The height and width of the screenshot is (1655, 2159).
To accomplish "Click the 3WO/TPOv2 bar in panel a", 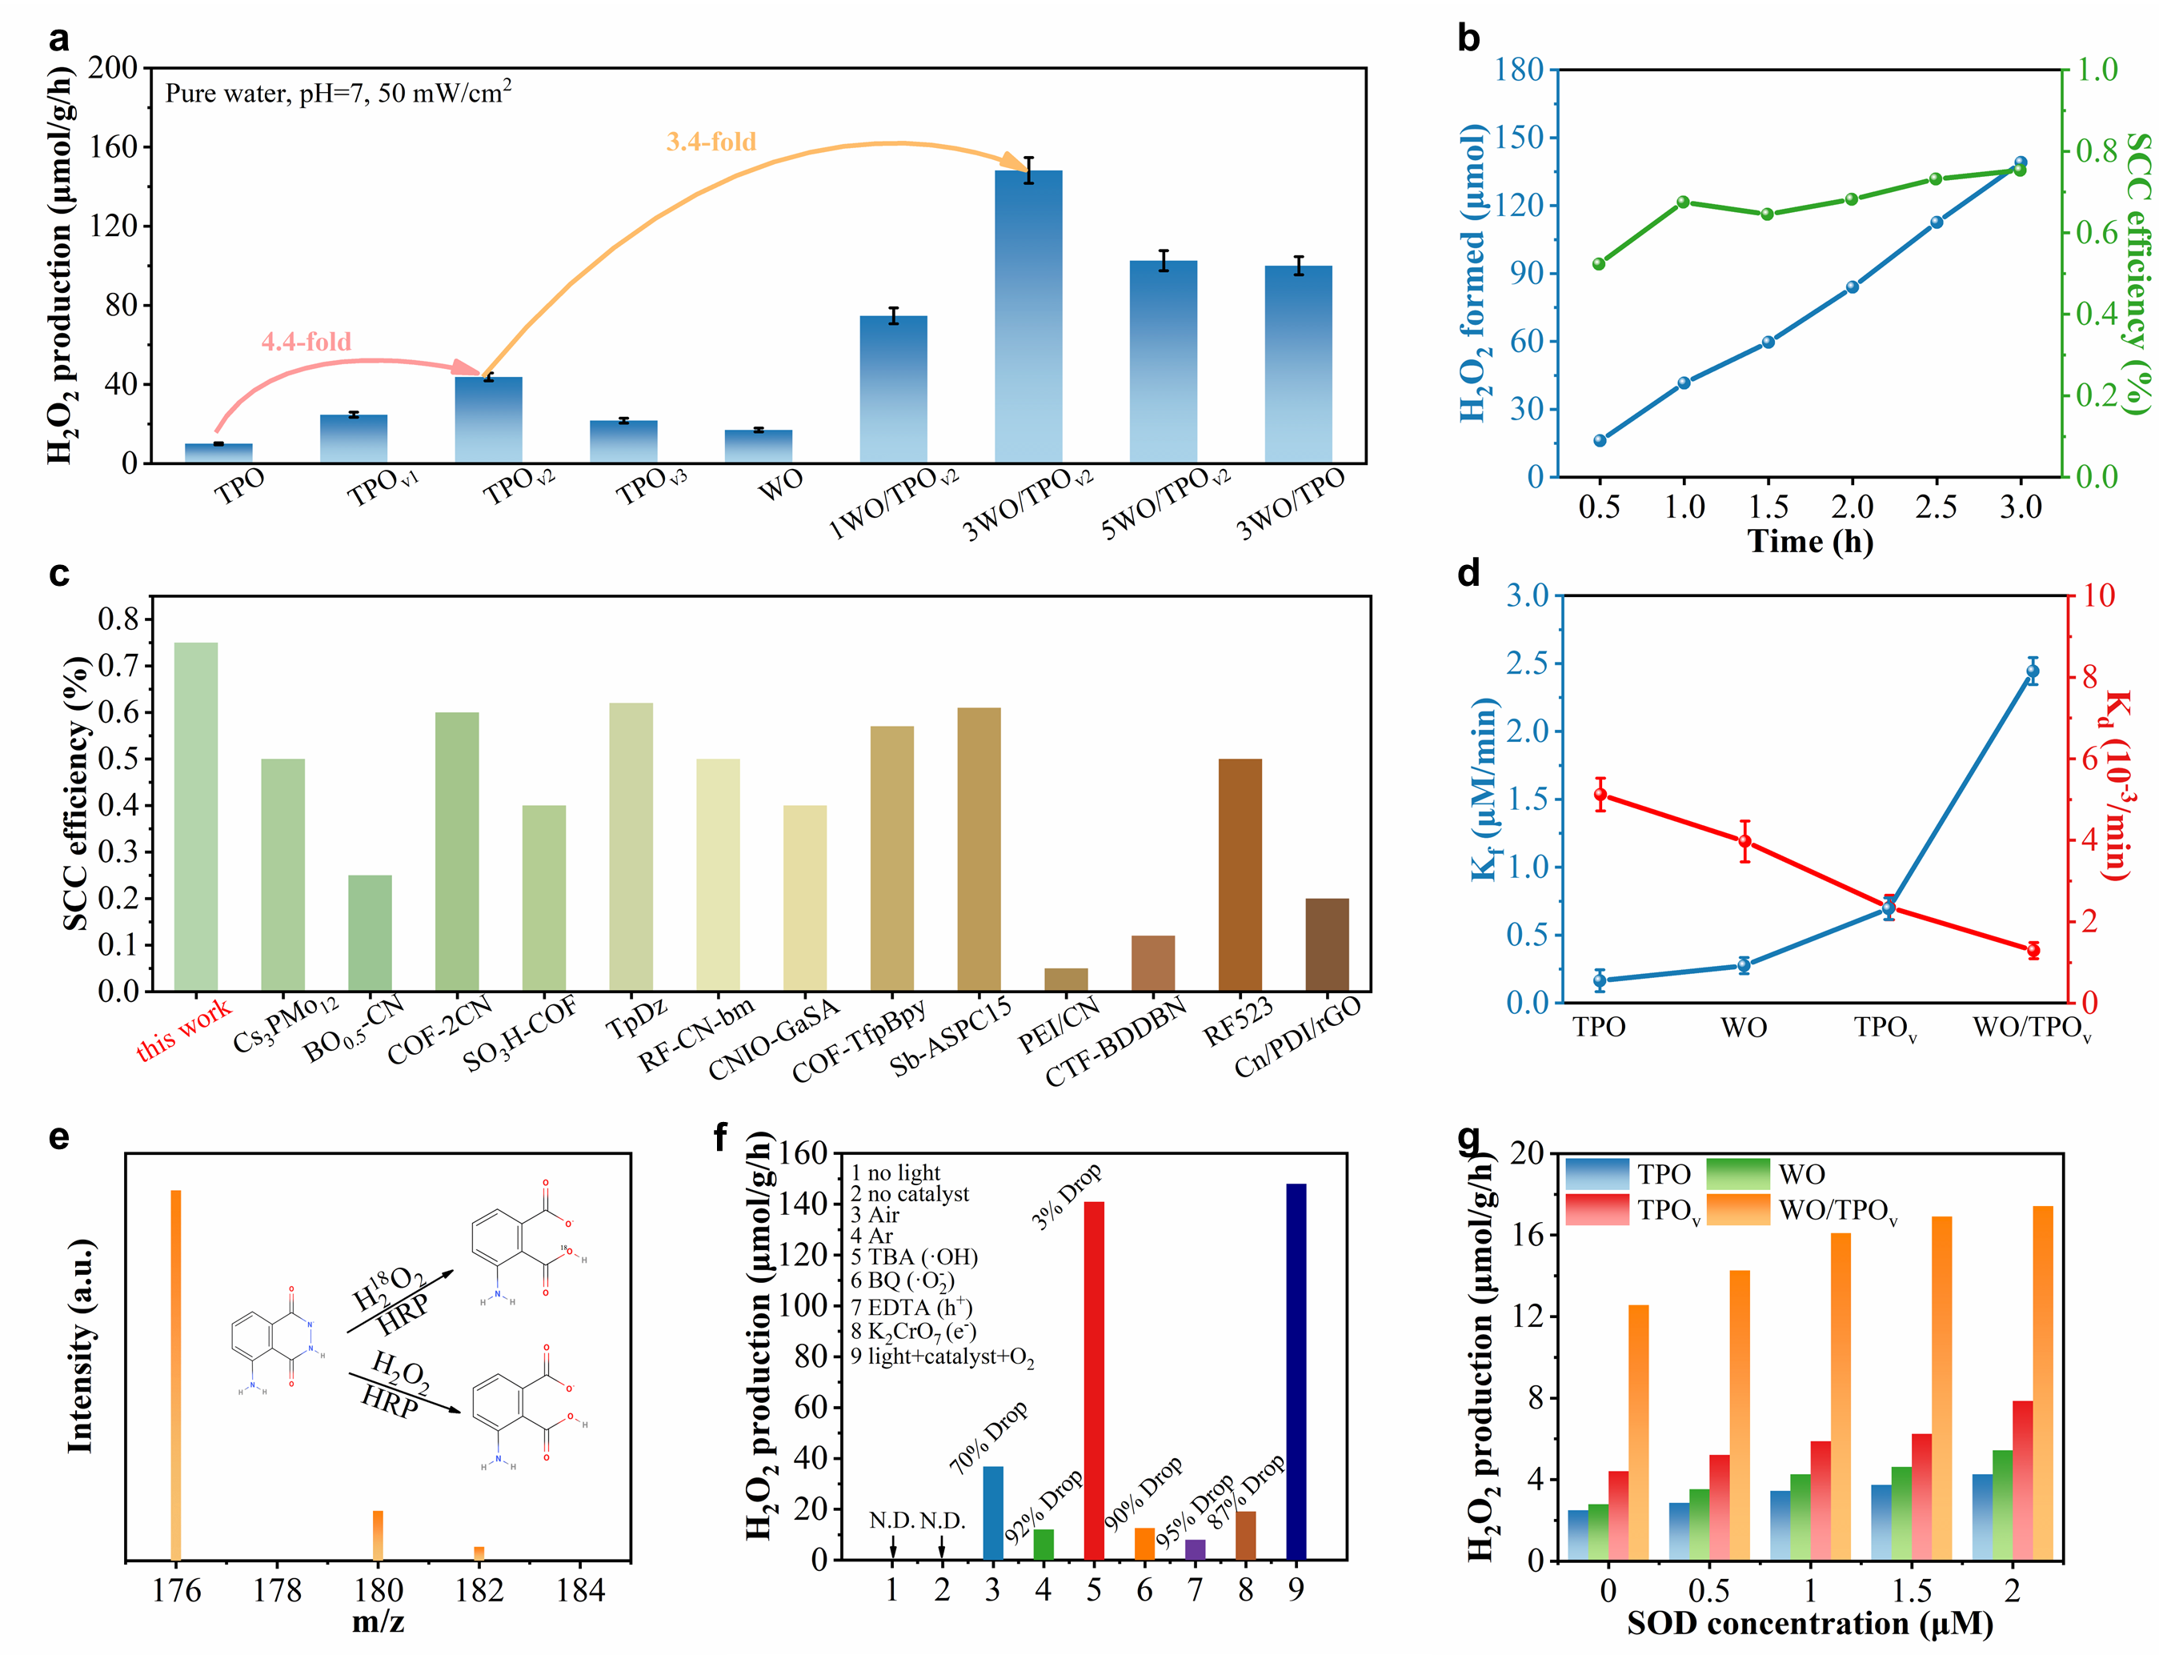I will point(1028,315).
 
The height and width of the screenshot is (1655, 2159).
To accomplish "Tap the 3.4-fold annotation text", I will point(711,142).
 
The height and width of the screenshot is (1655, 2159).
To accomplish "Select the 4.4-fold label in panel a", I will point(306,342).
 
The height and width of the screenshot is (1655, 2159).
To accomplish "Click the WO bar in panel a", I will point(759,447).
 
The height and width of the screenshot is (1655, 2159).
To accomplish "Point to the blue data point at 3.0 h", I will point(2020,163).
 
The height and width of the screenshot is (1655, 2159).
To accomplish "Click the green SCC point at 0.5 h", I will point(1599,264).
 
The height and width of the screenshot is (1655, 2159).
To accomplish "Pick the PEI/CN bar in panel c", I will point(1066,980).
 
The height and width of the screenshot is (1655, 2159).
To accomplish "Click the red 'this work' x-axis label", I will point(183,1028).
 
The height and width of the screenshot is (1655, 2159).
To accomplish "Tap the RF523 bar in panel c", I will point(1240,874).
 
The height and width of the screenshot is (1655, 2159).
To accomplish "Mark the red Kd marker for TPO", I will point(1600,794).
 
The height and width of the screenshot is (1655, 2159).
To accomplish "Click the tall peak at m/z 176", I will point(176,1374).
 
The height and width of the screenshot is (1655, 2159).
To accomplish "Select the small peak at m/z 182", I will point(479,1553).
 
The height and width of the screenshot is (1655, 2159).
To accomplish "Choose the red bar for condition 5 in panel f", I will point(1093,1379).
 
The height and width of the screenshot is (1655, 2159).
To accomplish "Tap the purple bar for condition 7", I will point(1195,1549).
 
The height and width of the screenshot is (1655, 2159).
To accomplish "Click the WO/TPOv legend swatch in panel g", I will point(1737,1210).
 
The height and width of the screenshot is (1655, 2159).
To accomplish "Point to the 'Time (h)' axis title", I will point(1809,542).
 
